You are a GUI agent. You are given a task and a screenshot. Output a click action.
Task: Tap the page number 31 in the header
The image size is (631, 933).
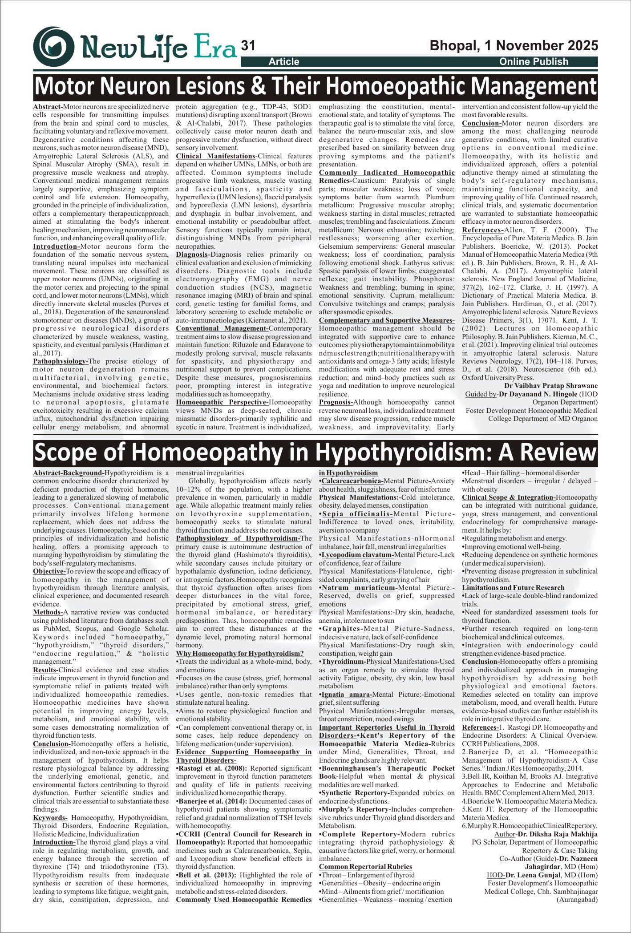coord(247,46)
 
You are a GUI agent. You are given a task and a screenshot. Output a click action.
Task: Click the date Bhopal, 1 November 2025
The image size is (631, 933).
coord(514,46)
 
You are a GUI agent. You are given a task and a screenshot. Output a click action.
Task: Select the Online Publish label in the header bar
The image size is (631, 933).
coord(534,62)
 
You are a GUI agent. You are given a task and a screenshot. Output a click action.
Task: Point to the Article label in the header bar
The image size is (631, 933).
coord(284,62)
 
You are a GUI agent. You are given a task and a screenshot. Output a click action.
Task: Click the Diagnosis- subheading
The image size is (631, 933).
coord(193,254)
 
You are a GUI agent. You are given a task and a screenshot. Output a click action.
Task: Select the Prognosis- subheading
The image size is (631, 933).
coord(336,402)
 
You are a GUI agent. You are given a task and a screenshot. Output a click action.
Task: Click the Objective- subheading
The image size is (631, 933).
coord(49,571)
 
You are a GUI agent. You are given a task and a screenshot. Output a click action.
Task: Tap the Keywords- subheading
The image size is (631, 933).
coord(50,818)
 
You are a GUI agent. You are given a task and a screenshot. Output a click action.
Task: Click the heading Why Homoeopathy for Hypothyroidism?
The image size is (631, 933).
coord(240,654)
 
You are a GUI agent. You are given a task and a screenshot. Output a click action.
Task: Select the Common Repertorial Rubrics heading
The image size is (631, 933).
coord(365,867)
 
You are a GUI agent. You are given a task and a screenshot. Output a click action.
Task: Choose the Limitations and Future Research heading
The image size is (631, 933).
coord(513,588)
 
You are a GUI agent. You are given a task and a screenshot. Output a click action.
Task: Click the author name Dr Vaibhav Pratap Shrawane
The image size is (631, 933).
coord(551,386)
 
